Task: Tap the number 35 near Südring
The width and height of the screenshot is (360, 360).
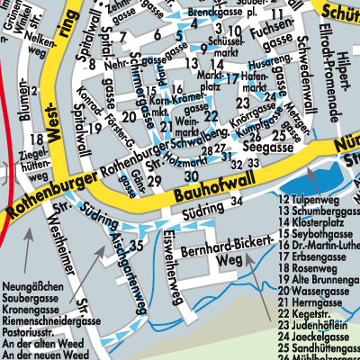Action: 136,244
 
